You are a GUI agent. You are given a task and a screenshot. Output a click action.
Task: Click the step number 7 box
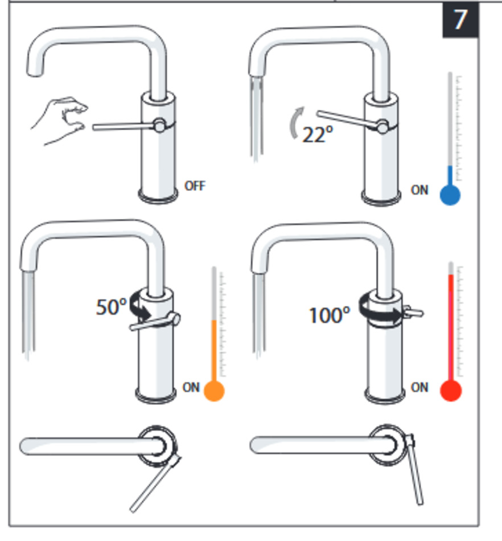pyautogui.click(x=460, y=19)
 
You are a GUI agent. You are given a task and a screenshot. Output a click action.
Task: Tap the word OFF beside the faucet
pyautogui.click(x=195, y=186)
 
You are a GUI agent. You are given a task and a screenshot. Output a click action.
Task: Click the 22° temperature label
pyautogui.click(x=318, y=134)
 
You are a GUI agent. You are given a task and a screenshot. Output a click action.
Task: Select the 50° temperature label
pyautogui.click(x=111, y=307)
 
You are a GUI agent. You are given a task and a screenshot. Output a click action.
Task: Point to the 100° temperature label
pyautogui.click(x=330, y=315)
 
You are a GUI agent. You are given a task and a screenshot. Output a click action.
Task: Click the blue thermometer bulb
pyautogui.click(x=450, y=195)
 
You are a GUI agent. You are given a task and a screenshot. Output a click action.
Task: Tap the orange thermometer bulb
pyautogui.click(x=214, y=391)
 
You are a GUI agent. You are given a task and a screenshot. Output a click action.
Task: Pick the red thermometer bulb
pyautogui.click(x=451, y=391)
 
